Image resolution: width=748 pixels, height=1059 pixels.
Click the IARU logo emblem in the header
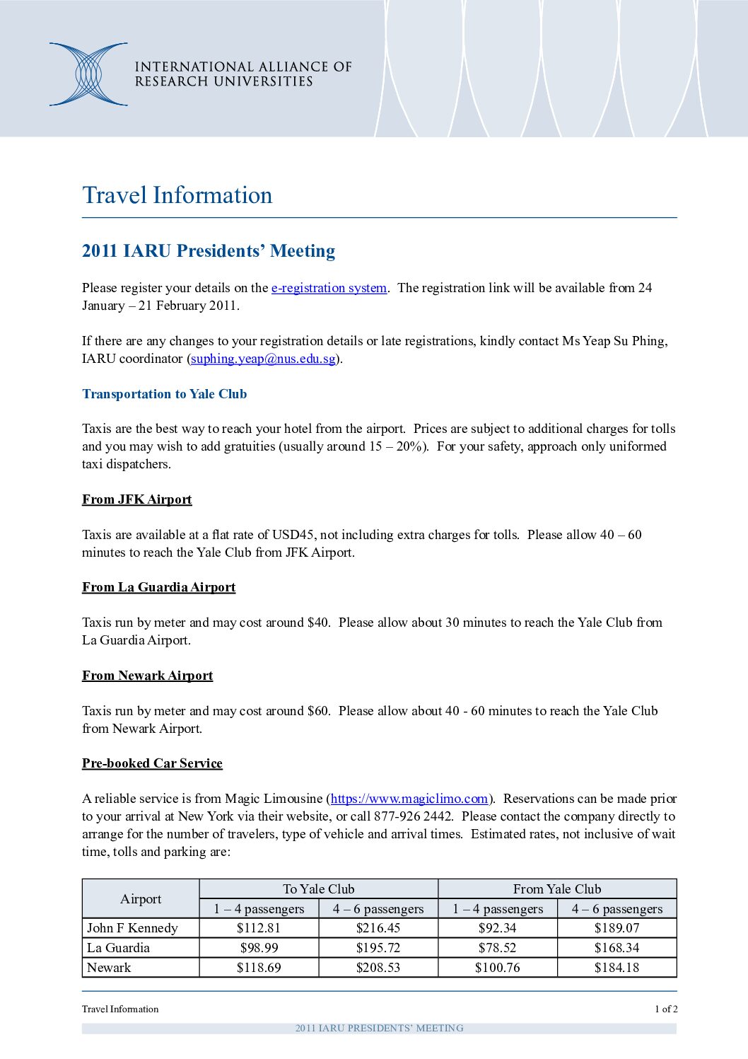pos(88,74)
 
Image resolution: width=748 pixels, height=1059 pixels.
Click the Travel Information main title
pos(177,195)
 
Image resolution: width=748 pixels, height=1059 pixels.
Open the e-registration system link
pos(329,288)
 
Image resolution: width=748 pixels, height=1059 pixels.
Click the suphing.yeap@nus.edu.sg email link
pos(263,359)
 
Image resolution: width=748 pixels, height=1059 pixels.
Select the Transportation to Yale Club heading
pos(164,394)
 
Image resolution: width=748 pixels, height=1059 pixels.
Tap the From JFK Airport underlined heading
pos(136,499)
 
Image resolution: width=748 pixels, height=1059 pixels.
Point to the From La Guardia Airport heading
pos(158,587)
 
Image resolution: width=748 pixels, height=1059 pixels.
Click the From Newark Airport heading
pos(147,676)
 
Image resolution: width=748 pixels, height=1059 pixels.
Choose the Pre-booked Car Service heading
pos(152,763)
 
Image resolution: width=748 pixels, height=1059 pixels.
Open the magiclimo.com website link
pos(409,799)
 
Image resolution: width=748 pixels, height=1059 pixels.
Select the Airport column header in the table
pos(141,899)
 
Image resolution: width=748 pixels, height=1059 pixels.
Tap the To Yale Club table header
pos(318,889)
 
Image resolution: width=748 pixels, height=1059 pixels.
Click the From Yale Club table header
pos(557,889)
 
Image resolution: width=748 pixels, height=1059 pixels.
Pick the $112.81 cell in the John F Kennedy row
pos(259,928)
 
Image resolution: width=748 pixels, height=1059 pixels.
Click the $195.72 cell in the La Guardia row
pos(378,948)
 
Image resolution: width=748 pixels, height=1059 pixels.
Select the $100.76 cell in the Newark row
pos(498,968)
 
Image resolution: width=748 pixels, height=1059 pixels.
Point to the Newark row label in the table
pos(109,968)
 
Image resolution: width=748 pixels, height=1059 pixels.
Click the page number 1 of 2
pos(665,1009)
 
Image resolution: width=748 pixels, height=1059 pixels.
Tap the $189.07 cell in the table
pos(617,928)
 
